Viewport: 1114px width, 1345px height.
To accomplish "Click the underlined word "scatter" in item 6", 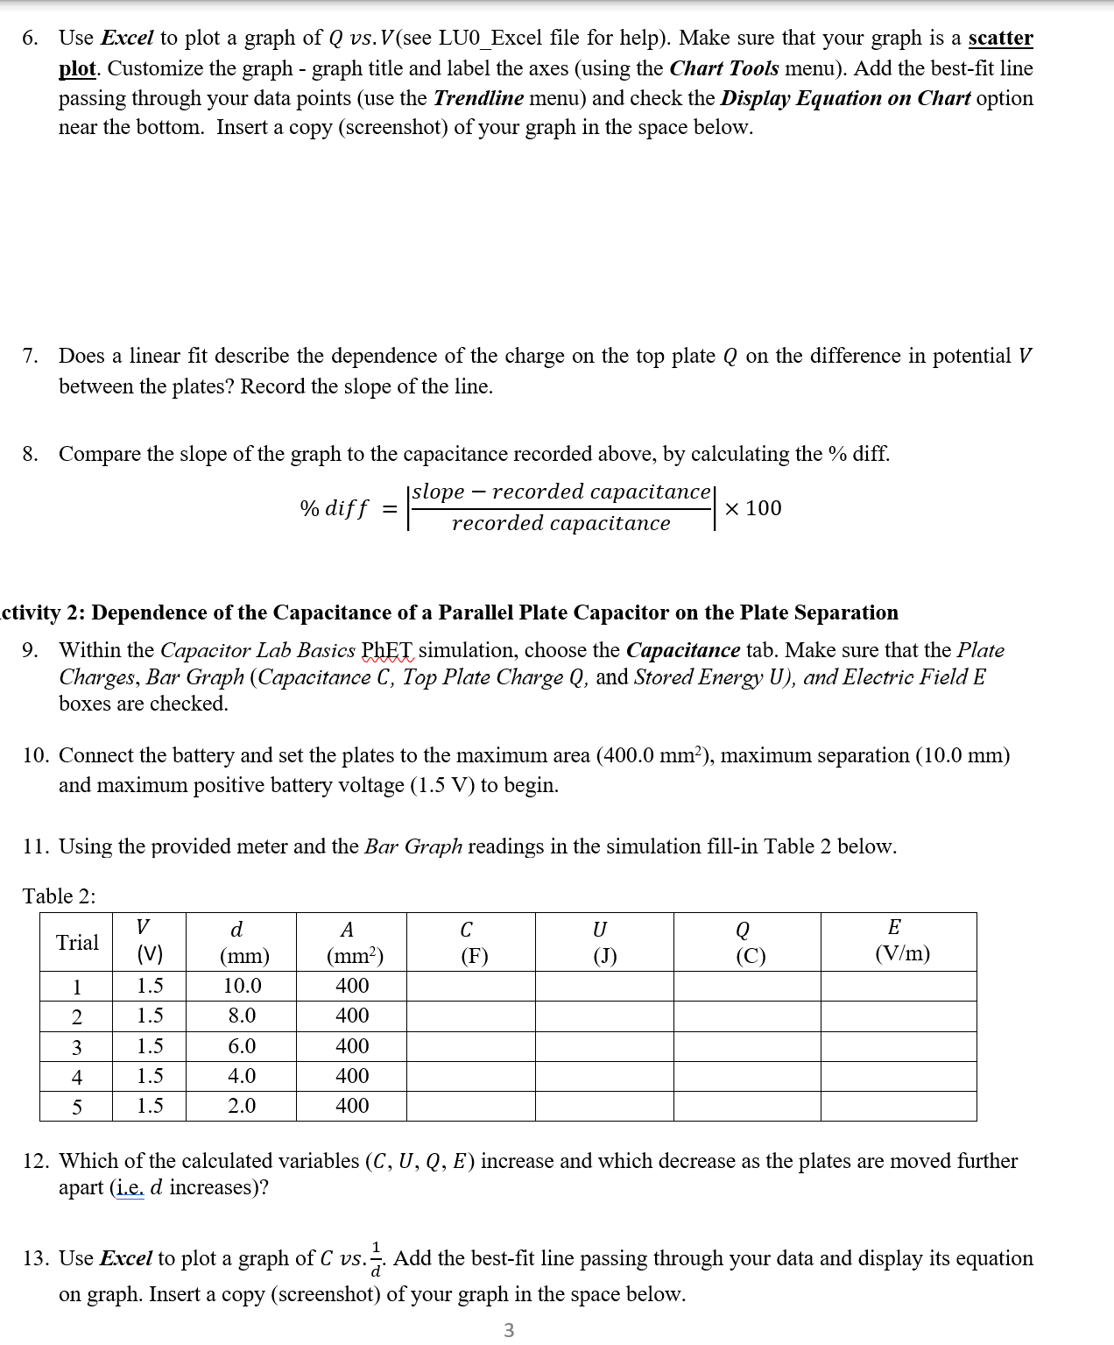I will [x=1000, y=38].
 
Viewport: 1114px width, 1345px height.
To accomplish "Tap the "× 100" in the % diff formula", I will [x=753, y=508].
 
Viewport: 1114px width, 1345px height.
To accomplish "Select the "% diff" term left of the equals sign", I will [x=335, y=508].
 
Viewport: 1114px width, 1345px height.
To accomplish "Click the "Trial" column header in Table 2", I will [x=77, y=942].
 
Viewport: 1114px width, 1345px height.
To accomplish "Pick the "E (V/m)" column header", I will [x=899, y=941].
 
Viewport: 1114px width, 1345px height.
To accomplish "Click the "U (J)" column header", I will [x=603, y=942].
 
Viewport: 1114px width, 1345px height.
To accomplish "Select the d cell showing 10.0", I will [x=242, y=986].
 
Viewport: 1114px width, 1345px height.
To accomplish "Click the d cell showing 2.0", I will [x=242, y=1106].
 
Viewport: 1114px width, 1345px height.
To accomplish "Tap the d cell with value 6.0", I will [x=242, y=1046].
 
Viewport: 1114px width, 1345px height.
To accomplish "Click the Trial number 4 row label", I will [x=77, y=1077].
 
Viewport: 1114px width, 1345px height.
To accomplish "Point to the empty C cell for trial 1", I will [x=470, y=986].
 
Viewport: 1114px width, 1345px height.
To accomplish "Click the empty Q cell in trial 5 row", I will [x=747, y=1106].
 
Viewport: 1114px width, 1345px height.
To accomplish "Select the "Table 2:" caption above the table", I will [x=60, y=896].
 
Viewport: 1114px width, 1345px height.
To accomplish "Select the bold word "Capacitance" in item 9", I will [x=683, y=650].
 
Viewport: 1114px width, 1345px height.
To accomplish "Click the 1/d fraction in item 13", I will [x=377, y=1259].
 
